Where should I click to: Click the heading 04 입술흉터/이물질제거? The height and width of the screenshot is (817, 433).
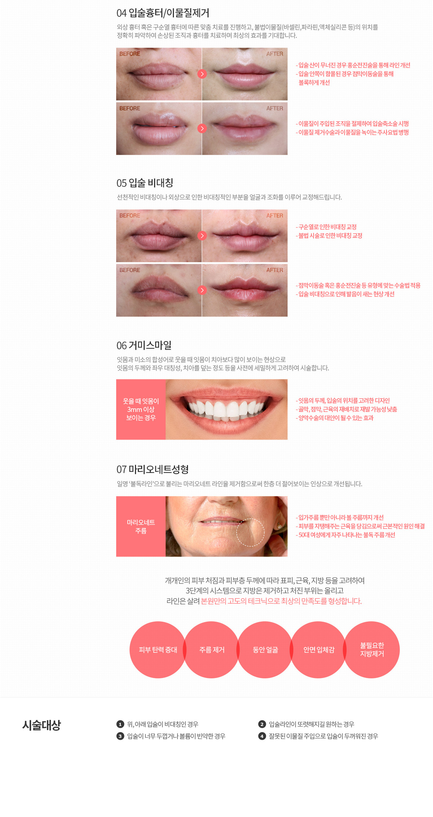click(163, 13)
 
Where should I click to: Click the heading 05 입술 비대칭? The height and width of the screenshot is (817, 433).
click(145, 183)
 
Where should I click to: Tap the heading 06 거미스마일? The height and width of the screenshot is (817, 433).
click(144, 346)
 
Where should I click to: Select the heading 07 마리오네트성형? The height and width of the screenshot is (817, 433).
click(153, 469)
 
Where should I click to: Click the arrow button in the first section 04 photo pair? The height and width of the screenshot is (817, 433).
click(202, 74)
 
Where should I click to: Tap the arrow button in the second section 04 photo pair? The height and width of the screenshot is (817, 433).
click(202, 129)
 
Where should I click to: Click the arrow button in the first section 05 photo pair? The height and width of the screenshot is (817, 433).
click(202, 236)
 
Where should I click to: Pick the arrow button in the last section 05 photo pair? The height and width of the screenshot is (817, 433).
click(202, 290)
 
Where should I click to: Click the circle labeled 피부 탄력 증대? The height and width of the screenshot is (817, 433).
click(158, 650)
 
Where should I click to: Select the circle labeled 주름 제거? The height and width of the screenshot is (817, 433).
click(212, 650)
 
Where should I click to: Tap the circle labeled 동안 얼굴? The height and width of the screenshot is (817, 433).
click(265, 650)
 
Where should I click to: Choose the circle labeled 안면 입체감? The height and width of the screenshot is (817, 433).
click(319, 650)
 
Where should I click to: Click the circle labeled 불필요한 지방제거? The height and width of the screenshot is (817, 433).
click(372, 650)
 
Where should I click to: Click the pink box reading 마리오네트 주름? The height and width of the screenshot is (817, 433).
click(141, 526)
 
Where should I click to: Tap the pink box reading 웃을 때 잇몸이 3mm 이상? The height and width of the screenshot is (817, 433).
click(141, 409)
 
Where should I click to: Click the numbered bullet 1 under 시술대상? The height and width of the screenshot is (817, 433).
click(120, 724)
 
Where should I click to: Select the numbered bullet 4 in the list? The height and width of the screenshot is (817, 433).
click(262, 736)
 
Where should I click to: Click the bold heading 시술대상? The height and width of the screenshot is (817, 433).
click(41, 725)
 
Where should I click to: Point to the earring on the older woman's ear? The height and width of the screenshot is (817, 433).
click(279, 526)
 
